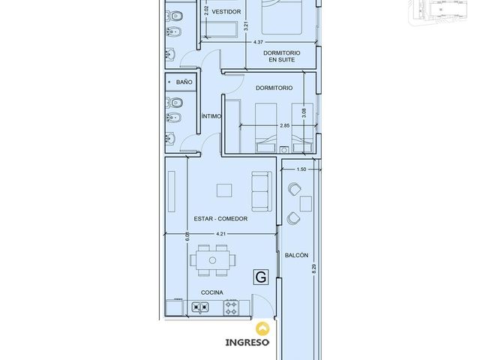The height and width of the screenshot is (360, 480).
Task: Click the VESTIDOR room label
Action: point(226,12)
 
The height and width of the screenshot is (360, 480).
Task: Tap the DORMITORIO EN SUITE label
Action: point(282,56)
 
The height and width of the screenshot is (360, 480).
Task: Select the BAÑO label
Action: point(184,82)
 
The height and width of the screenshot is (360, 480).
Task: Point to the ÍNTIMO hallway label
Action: point(211,116)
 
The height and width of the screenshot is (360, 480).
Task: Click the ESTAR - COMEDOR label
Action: point(220,218)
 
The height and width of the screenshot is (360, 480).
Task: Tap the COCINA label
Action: point(211,292)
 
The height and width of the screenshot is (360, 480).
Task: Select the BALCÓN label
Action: point(296,255)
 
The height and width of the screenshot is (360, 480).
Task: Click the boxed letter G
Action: point(261,277)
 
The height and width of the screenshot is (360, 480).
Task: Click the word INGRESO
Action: point(247,343)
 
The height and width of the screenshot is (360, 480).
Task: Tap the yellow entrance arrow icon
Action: point(263,328)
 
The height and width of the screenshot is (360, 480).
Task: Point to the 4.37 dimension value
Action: point(258,42)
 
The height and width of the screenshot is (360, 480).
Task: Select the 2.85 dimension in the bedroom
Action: point(285,125)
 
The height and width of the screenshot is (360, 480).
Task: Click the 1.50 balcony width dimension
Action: point(301,169)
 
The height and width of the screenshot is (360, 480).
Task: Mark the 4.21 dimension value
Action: point(220,234)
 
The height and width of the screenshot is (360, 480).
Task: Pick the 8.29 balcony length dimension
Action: point(313,268)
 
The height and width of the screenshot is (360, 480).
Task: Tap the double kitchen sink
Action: point(200,307)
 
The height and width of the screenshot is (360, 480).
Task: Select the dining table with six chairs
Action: point(213,260)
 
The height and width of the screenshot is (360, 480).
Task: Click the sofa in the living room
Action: point(262,191)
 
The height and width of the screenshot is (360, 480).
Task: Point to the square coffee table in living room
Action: point(224,190)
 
